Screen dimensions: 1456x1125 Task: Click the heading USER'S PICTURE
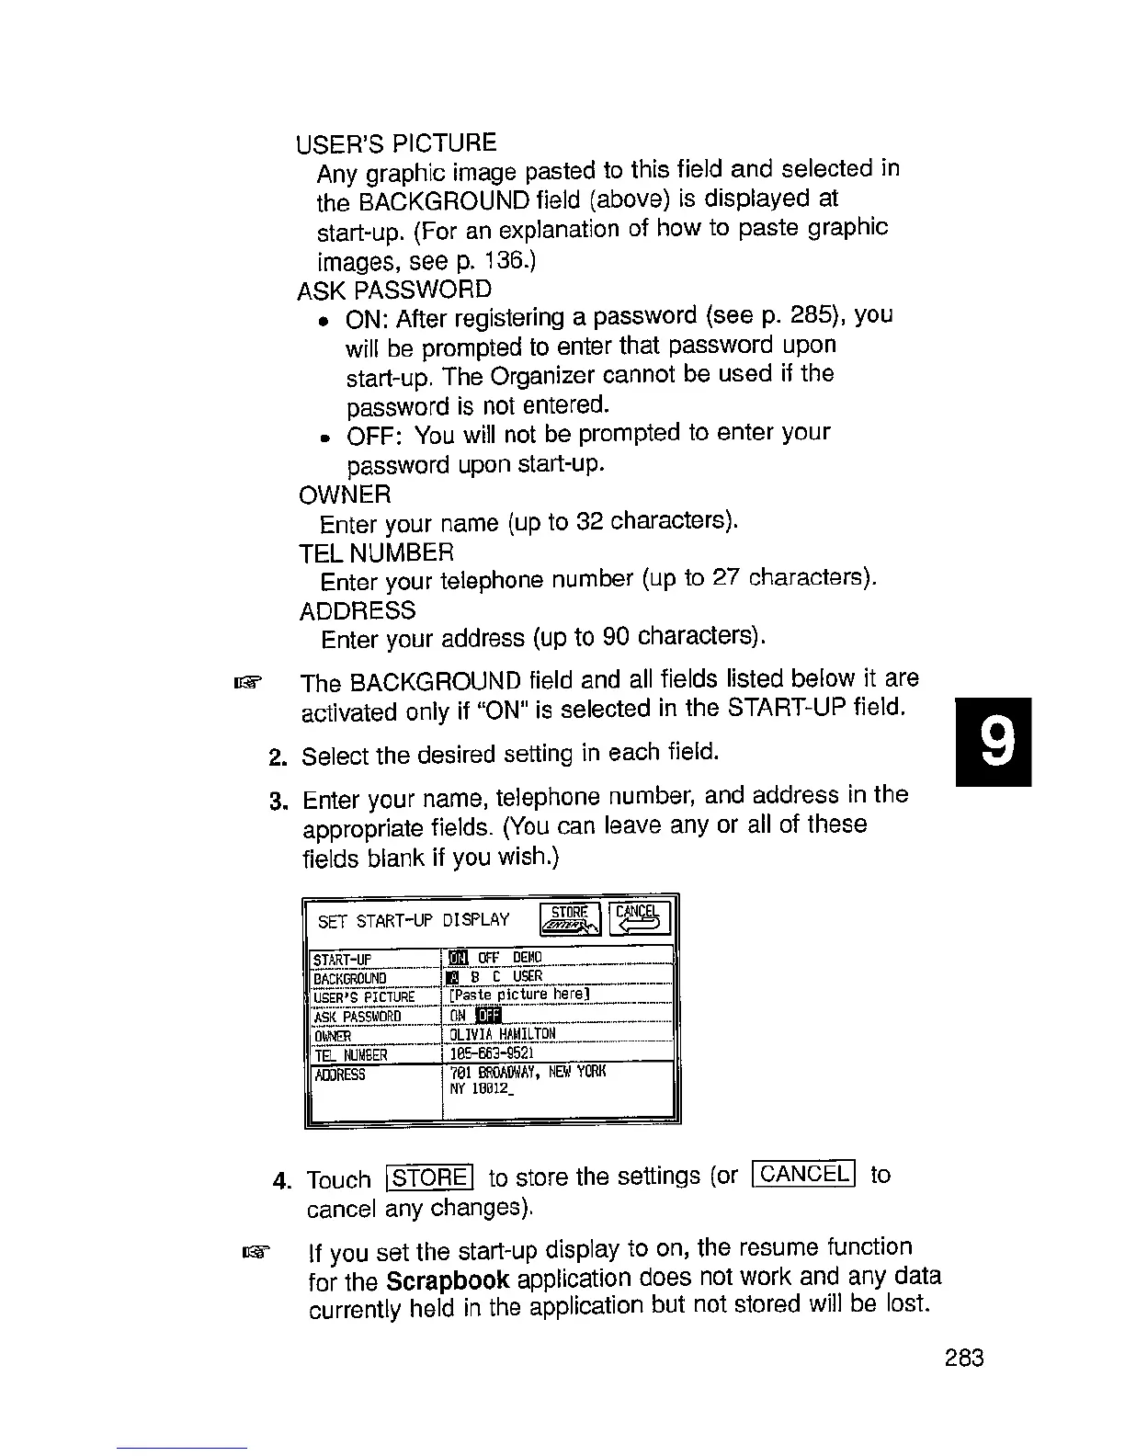pos(396,143)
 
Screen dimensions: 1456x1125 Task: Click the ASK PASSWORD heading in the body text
pos(394,290)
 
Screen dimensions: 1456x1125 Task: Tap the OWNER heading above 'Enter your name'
pos(346,495)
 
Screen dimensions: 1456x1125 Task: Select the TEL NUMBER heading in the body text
pos(377,552)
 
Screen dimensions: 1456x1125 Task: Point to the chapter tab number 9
pos(993,742)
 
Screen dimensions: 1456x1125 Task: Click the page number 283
pos(963,1358)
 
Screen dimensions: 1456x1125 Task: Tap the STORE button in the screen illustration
pos(570,916)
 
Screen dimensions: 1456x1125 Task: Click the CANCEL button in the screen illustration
pos(640,916)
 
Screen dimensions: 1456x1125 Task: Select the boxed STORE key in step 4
pos(430,1177)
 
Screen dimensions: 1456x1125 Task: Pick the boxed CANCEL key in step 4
pos(803,1174)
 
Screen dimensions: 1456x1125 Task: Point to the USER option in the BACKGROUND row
pos(528,976)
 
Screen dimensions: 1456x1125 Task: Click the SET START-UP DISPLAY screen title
pos(414,920)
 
